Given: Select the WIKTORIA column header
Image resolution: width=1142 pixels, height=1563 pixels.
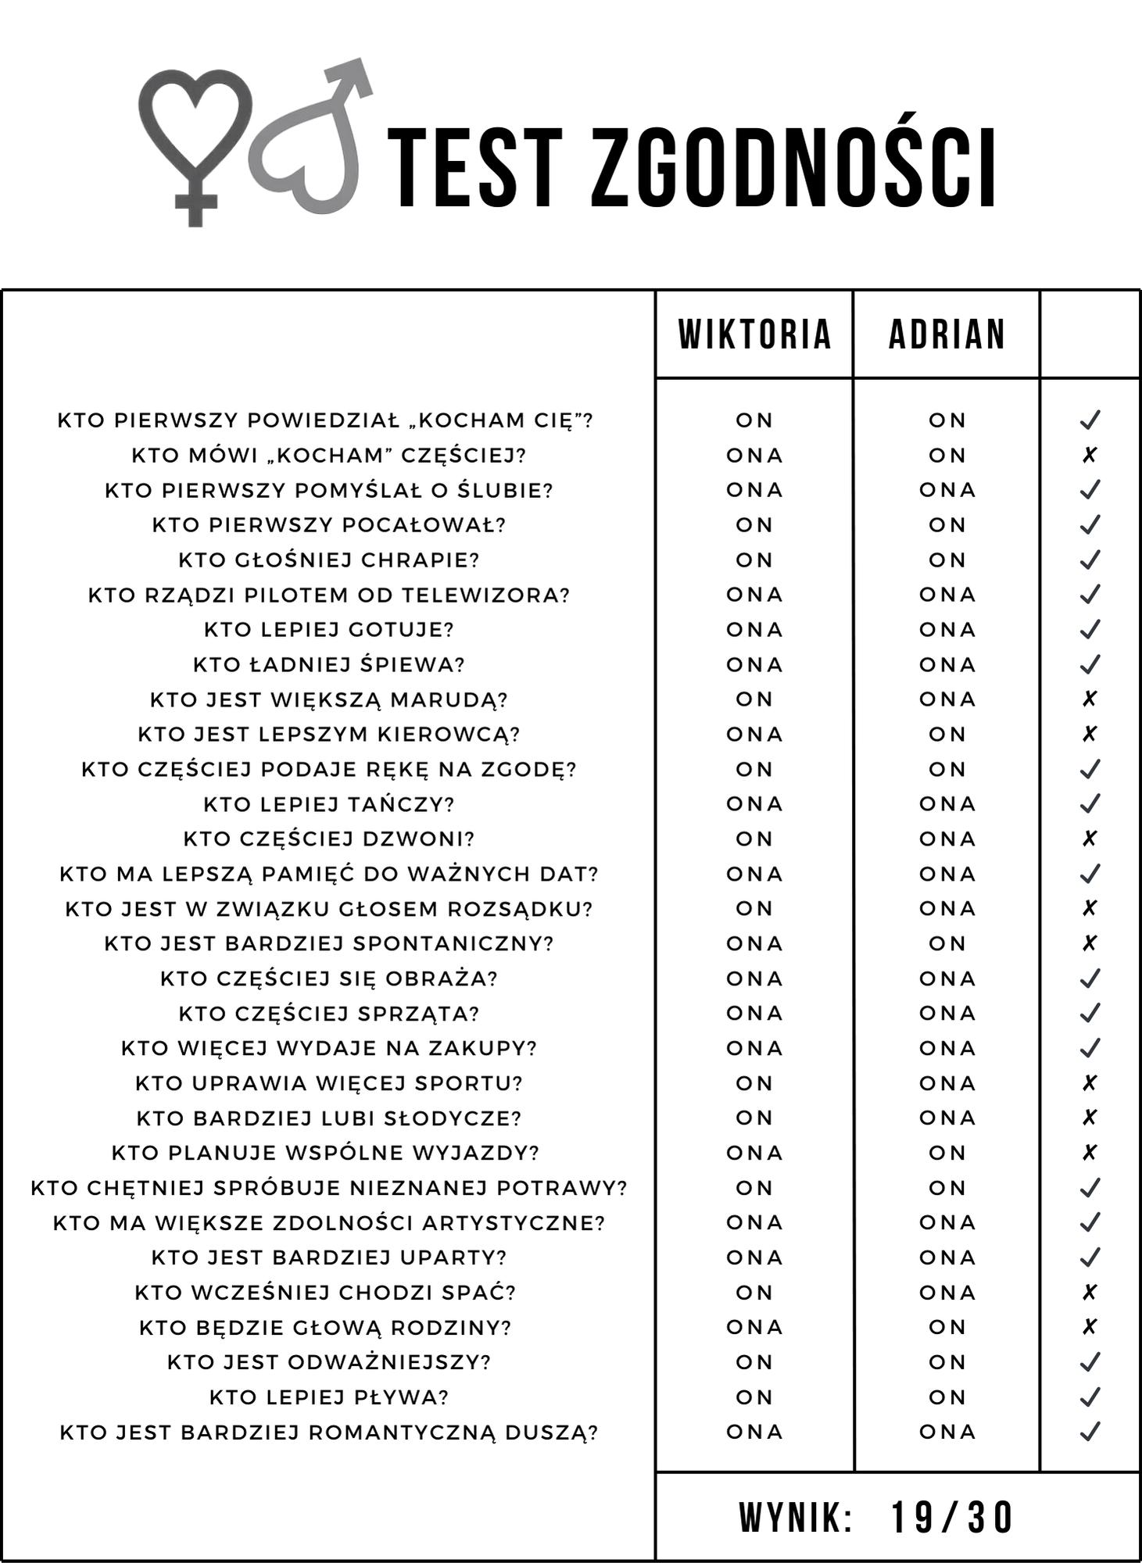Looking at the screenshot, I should [754, 334].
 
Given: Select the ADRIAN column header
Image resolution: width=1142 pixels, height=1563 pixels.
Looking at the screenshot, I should [947, 334].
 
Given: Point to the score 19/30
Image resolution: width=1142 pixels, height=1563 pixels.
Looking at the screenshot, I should [951, 1518].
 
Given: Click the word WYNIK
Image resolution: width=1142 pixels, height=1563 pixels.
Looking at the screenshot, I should [795, 1518].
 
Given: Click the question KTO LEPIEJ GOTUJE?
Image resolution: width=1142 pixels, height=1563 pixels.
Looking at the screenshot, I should [329, 630].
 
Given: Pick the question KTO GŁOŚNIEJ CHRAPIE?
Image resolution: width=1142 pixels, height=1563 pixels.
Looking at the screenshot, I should [329, 560].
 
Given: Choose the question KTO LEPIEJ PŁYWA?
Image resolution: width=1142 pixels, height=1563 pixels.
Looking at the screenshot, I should [329, 1397].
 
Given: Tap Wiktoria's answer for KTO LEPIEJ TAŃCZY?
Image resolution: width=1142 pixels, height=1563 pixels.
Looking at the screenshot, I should [754, 804].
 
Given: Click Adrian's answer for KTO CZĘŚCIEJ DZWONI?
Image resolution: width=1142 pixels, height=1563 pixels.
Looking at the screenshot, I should [947, 839].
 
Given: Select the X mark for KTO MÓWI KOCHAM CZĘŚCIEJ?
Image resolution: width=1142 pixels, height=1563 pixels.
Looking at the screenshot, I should [1090, 455].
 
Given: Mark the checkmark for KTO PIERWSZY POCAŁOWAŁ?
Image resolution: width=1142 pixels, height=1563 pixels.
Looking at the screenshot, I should [1090, 524].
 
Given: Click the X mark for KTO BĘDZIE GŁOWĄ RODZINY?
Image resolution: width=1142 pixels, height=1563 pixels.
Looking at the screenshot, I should [1090, 1327].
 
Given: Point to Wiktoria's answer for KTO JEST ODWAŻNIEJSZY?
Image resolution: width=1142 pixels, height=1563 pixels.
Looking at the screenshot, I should [754, 1362].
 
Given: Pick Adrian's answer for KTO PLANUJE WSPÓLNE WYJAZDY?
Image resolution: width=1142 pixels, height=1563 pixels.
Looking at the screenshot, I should [947, 1153].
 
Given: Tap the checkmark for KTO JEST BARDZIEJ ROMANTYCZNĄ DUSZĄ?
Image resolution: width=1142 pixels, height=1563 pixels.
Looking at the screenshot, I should [1090, 1432].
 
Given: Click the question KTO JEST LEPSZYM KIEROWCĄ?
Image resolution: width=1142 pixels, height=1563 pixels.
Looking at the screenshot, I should [329, 735].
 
